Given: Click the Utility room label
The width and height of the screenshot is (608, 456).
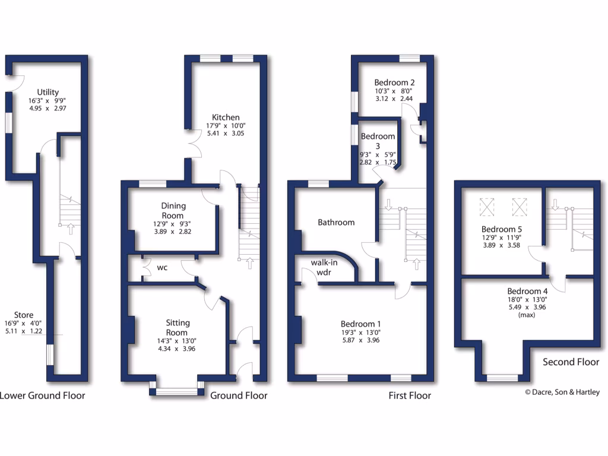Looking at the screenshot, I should click(47, 92).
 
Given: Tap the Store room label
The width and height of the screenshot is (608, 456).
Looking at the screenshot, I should click(24, 315).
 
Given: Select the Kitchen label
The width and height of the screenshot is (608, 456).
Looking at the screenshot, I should click(223, 117).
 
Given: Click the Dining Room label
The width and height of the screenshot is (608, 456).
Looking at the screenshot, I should click(173, 210).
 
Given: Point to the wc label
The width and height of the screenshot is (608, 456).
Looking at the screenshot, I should click(162, 268).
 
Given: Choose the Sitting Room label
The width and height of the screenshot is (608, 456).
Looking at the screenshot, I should click(177, 328).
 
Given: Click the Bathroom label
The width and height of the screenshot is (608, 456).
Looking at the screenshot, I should click(336, 222).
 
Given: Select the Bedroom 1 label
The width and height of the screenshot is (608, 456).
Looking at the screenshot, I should click(360, 324).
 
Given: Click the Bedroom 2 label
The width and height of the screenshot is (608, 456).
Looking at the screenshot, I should click(394, 83).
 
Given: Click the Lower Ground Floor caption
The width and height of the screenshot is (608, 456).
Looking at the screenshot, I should click(42, 395).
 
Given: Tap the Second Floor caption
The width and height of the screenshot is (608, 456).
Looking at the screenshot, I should click(571, 362).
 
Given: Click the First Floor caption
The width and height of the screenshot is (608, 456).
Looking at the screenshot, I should click(410, 395).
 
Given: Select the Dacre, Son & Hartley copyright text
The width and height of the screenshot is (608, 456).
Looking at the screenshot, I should click(562, 392).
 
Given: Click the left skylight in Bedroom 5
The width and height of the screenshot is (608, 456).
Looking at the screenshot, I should click(487, 207).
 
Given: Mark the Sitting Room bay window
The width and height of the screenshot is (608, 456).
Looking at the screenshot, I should click(176, 391).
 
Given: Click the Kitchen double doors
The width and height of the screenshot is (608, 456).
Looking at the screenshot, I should click(191, 144).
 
